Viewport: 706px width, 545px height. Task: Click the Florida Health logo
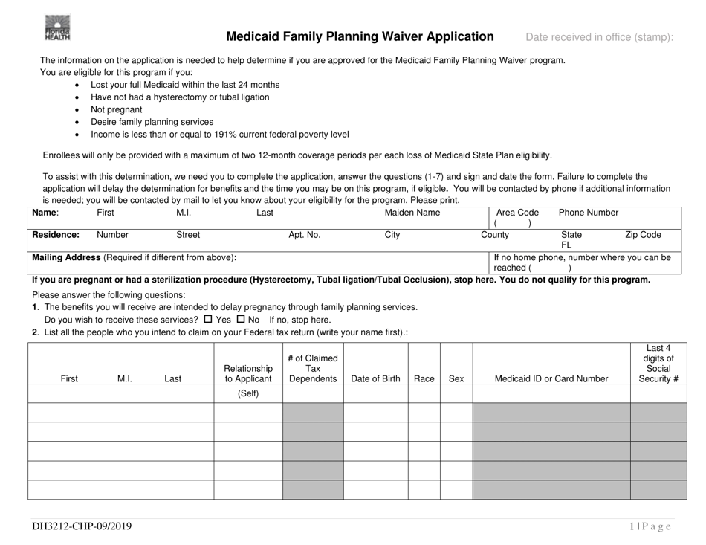click(x=56, y=29)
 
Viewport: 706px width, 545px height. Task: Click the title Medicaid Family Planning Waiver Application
click(x=360, y=36)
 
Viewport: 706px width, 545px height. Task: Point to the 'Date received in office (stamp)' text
click(x=600, y=37)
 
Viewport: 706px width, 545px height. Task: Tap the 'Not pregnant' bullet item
click(x=116, y=109)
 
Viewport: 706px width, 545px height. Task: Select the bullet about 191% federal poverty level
click(x=219, y=135)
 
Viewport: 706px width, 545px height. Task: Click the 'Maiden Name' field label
click(x=412, y=213)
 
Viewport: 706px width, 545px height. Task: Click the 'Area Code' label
click(x=517, y=213)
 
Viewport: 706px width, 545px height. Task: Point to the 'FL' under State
click(x=566, y=244)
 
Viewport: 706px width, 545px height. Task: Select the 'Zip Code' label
click(x=643, y=234)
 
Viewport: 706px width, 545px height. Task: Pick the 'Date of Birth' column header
click(x=375, y=378)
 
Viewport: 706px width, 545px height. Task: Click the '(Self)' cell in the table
click(x=247, y=393)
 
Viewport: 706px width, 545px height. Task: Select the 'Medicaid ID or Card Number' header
click(x=551, y=378)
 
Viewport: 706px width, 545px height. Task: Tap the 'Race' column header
click(x=424, y=378)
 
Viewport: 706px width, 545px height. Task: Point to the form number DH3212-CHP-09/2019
click(x=82, y=526)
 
